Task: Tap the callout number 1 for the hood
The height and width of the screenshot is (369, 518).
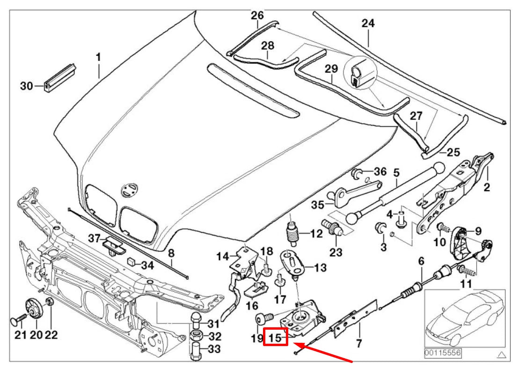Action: [x=98, y=57]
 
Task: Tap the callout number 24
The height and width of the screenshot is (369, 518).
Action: [x=368, y=23]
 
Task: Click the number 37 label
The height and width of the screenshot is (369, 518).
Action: [x=94, y=239]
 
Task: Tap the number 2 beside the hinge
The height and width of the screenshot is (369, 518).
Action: [x=487, y=188]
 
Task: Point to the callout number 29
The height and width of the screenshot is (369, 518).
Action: [x=331, y=69]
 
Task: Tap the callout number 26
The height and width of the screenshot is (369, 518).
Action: [x=257, y=15]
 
